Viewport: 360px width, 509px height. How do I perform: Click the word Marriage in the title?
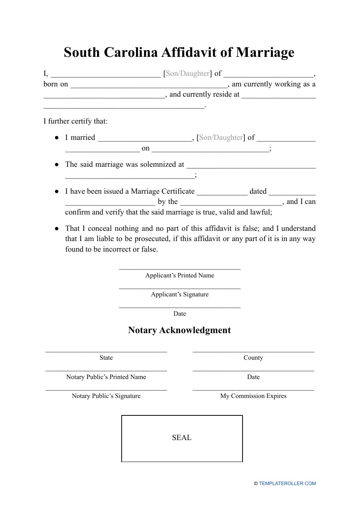[265, 52]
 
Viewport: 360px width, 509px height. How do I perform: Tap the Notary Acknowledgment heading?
[179, 330]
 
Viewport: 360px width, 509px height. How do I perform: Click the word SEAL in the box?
[182, 438]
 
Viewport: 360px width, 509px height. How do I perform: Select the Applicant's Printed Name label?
[180, 276]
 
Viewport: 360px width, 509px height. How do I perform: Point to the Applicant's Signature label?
[180, 294]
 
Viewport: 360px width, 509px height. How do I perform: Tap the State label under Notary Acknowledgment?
[106, 358]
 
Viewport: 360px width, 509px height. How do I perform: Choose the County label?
[253, 358]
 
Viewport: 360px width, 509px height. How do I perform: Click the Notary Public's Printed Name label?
[106, 377]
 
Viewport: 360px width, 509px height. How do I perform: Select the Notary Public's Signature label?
[106, 396]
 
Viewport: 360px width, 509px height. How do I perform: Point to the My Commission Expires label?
[253, 396]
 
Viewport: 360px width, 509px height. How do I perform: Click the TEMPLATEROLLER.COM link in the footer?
[287, 484]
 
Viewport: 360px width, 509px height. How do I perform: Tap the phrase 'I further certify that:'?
[75, 121]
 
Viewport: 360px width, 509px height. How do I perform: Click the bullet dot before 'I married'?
[56, 138]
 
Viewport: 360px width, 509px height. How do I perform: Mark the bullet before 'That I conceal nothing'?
[56, 229]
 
